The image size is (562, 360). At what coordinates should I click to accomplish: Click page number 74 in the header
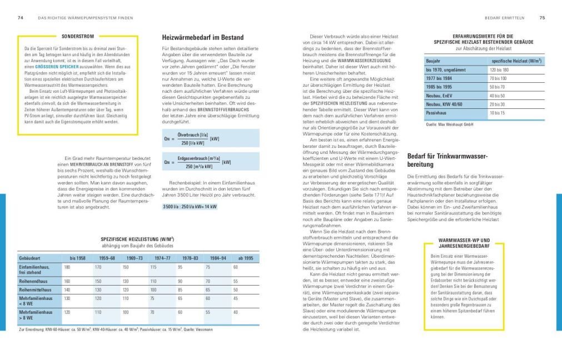20,18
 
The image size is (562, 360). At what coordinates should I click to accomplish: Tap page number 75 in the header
542,18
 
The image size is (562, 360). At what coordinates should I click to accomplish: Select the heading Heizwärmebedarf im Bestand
202,38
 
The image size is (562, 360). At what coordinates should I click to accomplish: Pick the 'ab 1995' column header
245,258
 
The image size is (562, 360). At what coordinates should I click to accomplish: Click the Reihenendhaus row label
34,282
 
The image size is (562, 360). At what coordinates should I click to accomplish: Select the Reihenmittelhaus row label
36,290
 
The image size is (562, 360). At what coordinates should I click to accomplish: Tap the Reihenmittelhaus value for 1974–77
153,290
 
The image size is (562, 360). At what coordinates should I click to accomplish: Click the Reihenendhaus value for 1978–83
180,282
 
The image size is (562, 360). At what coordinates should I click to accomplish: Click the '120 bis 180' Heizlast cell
499,70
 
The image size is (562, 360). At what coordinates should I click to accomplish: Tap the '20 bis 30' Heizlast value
498,104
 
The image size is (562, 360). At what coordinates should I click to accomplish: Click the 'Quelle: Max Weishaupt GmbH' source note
449,125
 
